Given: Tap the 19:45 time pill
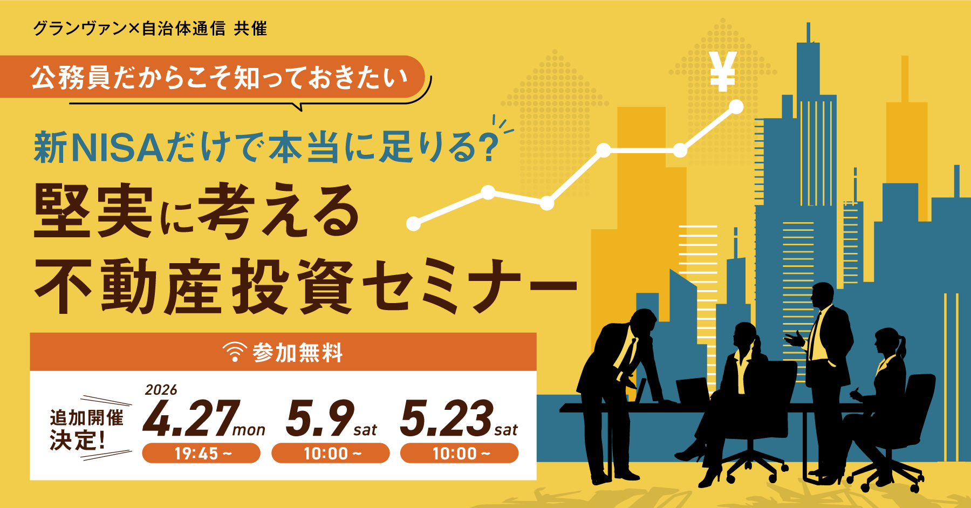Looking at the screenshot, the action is point(201,453).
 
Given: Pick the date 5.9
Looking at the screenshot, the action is point(320,418).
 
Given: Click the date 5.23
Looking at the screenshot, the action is point(447,418).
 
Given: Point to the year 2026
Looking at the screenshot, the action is point(161,389).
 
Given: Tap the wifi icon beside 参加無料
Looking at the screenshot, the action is point(235,352).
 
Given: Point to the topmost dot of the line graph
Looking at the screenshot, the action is point(736,107).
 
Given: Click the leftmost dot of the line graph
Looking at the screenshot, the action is point(413,223).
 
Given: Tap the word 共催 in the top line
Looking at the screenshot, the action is point(250,28).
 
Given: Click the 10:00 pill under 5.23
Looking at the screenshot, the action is point(459,453).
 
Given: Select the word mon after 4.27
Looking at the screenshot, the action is point(249,430).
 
